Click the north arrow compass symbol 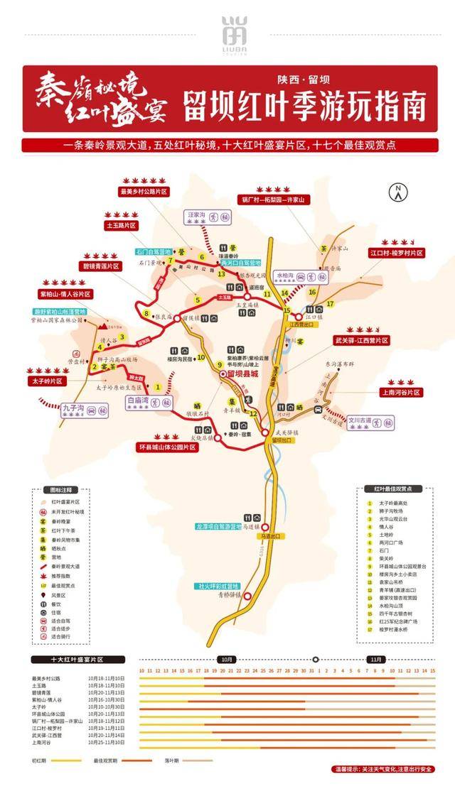[x=399, y=191]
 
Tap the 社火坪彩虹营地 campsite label [x=220, y=586]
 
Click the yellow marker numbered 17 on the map [x=330, y=304]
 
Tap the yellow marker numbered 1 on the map [x=157, y=386]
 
